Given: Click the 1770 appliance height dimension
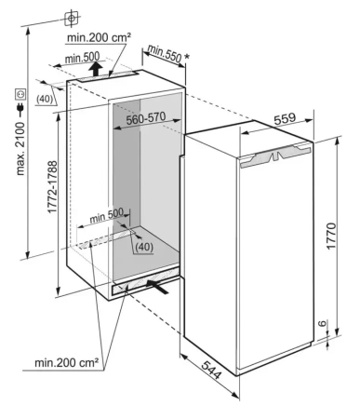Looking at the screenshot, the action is pos(331,236).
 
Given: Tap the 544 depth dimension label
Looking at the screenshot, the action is pos(211,370).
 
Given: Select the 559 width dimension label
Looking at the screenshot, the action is pos(286,118).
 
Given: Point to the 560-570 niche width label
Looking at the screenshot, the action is pos(146,118).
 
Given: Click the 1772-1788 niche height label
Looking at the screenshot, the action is pos(52,186).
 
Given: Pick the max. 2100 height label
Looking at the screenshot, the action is pos(20,148).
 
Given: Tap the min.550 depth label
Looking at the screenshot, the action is pos(165,53).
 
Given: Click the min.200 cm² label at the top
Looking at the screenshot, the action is pos(99,38).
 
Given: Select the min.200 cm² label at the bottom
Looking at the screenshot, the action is pos(67,362).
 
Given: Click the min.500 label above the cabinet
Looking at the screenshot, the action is pos(83,58).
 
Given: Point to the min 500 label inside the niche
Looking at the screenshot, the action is pos(106,216).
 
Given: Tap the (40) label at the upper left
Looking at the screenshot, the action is pos(45,99).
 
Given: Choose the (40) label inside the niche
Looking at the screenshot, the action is pos(144,247).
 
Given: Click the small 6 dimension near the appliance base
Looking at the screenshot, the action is pos(323,324).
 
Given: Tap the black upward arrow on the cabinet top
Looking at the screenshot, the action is pos(97,69).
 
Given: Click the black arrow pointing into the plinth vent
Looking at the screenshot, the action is pos(158,287).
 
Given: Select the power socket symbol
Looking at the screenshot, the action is pos(20,94).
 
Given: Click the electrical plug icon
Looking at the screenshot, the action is pos(20,109).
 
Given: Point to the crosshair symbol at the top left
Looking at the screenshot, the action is pos(72,19).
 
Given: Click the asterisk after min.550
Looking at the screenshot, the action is pos(187,57).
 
